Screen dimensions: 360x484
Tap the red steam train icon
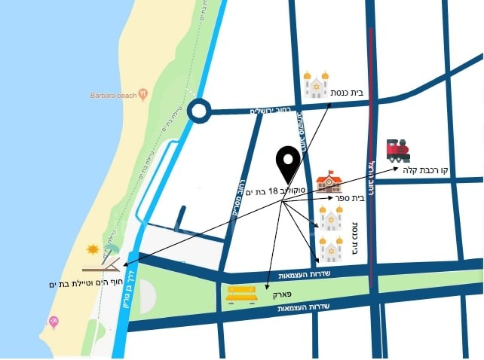397,150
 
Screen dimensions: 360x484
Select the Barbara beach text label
113,96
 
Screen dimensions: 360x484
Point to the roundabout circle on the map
198,112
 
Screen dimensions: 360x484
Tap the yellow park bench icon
241,293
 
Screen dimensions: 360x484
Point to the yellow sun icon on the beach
93,249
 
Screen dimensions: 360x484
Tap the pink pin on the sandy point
54,322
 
